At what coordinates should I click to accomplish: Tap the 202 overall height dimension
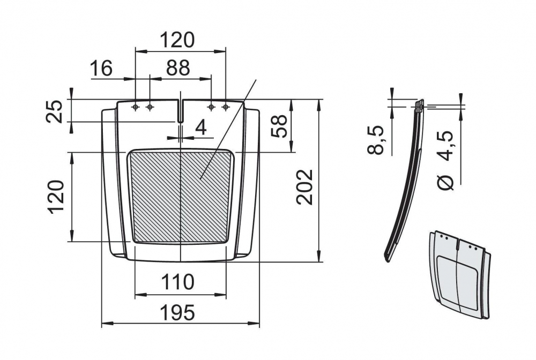point(304,187)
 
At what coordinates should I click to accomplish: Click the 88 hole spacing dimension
point(178,68)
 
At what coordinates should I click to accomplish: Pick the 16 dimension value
point(101,68)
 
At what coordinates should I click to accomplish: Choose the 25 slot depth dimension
point(54,111)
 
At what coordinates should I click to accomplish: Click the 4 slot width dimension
point(202,128)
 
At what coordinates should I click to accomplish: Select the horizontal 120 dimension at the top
point(177,40)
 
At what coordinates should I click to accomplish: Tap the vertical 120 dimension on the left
point(56,197)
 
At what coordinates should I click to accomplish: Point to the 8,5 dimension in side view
point(375,140)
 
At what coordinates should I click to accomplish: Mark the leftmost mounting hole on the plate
point(136,107)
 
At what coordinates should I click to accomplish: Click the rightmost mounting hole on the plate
point(225,107)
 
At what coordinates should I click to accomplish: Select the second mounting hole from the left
point(150,107)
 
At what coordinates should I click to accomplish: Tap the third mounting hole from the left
point(211,107)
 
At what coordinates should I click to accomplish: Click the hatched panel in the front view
point(181,196)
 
